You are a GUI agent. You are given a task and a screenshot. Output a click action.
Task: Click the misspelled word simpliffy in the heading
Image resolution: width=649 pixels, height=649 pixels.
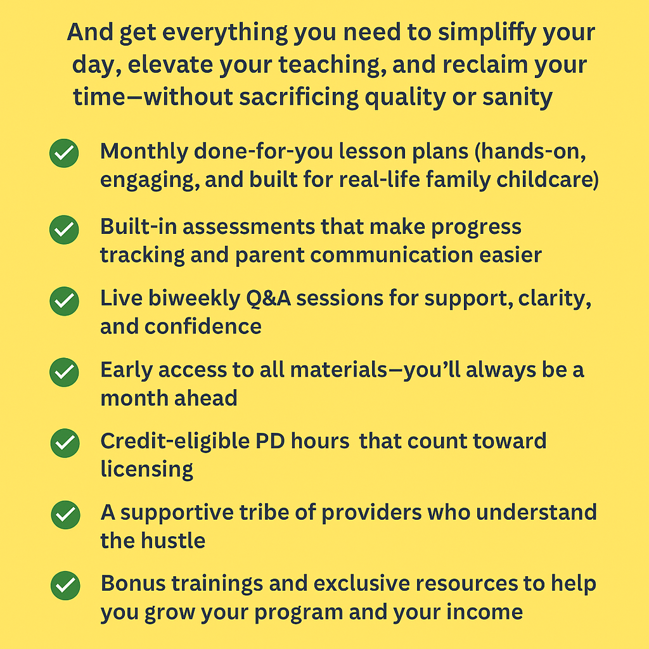[x=487, y=33]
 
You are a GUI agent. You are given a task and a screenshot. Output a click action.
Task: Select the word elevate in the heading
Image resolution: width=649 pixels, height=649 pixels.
[x=170, y=65]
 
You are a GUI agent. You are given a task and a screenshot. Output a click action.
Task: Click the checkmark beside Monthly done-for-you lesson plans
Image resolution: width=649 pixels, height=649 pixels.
[x=64, y=153]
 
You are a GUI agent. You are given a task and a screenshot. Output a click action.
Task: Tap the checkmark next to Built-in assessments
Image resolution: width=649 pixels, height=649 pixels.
[x=64, y=229]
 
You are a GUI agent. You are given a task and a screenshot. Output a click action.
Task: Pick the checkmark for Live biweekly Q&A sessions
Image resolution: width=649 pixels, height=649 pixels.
[x=64, y=301]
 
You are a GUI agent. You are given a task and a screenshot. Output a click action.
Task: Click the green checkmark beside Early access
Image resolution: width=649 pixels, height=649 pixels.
[x=64, y=372]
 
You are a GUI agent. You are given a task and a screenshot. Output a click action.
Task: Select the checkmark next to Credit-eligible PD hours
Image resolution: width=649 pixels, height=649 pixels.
[x=65, y=443]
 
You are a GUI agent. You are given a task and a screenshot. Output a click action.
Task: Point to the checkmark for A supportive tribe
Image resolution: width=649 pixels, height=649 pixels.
[x=65, y=515]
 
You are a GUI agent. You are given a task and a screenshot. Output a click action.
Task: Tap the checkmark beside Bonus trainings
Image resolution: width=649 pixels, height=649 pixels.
[x=65, y=586]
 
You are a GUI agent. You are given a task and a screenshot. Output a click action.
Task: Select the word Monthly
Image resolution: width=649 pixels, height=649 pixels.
[x=144, y=152]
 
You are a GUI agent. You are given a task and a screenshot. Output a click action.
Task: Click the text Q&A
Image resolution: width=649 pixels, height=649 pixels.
[x=268, y=299]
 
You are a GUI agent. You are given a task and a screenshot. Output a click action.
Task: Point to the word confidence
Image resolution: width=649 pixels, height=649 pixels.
[x=203, y=326]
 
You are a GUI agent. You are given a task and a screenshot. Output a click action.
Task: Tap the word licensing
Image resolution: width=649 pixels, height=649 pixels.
[x=146, y=470]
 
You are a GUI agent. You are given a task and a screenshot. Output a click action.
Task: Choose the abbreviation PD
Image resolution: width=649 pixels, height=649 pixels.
[x=270, y=441]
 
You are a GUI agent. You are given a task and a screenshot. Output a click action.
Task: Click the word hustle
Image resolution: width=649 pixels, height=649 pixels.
[x=173, y=541]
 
